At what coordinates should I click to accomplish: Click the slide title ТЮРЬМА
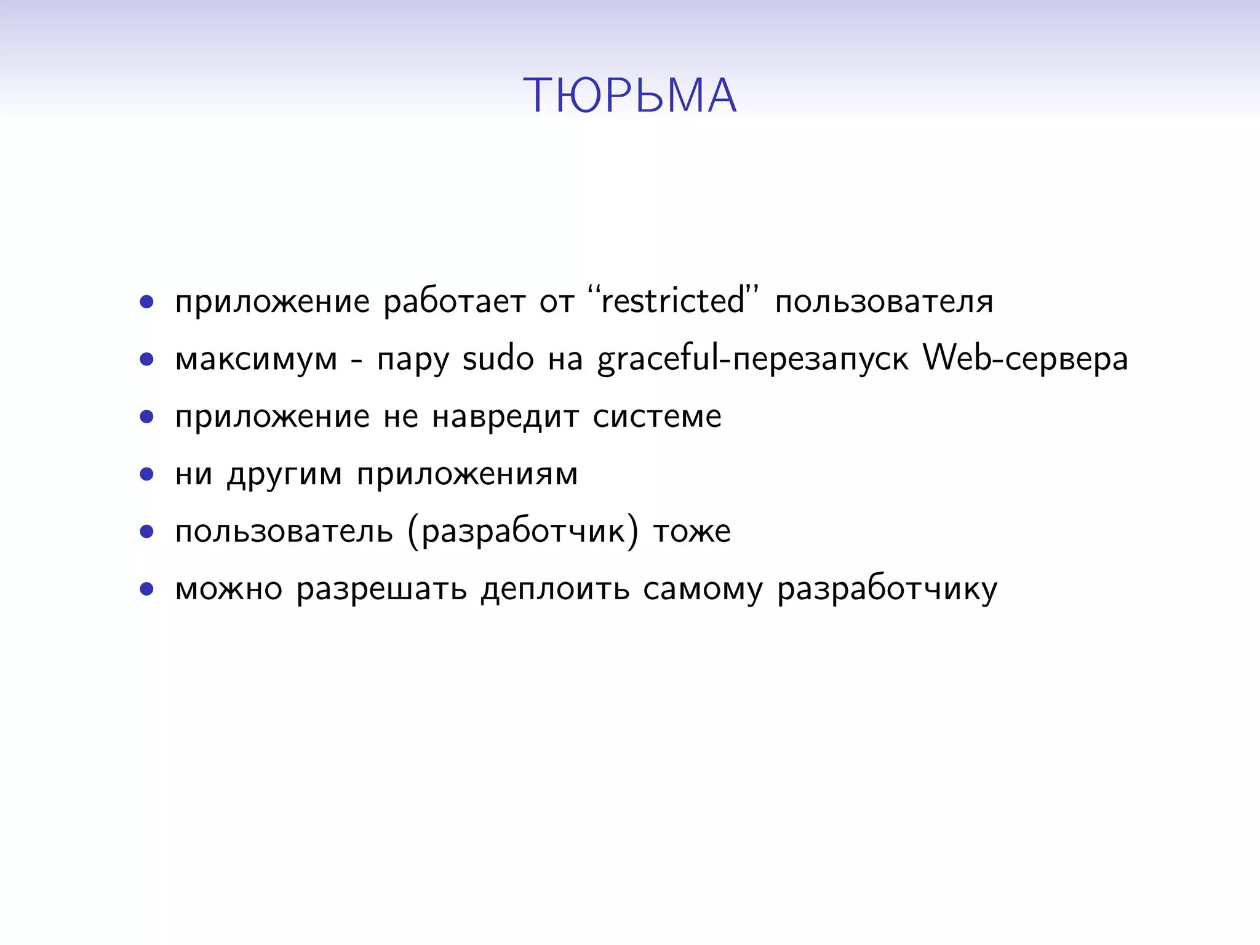coord(629,96)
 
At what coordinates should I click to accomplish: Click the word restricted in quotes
coord(673,301)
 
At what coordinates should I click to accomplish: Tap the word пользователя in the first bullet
coord(884,301)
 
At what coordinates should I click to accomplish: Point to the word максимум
coord(256,359)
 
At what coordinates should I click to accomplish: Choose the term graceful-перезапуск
coord(752,359)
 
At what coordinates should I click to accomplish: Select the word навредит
coord(505,417)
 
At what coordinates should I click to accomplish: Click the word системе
coord(657,417)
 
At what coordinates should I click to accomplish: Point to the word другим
coord(284,475)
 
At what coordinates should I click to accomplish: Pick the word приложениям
coord(468,475)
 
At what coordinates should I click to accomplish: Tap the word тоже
coord(692,532)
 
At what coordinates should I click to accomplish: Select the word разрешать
coord(381,589)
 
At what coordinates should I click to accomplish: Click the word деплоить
coord(555,589)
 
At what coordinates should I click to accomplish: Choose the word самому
coord(703,589)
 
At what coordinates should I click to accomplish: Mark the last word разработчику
coord(887,589)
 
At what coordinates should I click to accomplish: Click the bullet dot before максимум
coord(146,359)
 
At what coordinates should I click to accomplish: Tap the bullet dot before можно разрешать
coord(146,589)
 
